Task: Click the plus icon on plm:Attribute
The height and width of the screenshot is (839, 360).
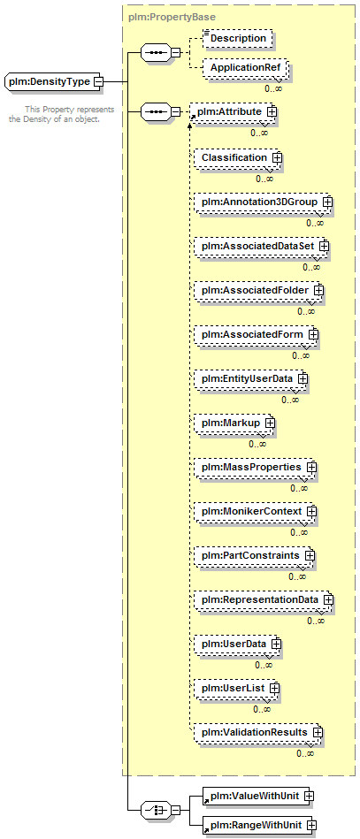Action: click(272, 111)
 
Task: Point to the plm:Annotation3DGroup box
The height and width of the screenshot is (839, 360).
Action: click(264, 202)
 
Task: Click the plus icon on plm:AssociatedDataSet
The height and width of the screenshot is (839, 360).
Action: click(324, 246)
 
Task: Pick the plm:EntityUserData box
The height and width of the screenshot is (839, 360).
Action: click(251, 378)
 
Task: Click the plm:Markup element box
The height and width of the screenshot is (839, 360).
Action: click(234, 423)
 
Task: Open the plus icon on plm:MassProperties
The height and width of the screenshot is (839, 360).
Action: click(311, 467)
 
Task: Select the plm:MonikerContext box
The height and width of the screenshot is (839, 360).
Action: click(256, 511)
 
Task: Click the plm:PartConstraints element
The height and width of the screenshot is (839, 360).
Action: click(255, 555)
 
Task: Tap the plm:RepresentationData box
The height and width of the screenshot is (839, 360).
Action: click(264, 599)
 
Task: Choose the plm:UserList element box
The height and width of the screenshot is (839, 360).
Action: click(237, 688)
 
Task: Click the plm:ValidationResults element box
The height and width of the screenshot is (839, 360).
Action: click(258, 731)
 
